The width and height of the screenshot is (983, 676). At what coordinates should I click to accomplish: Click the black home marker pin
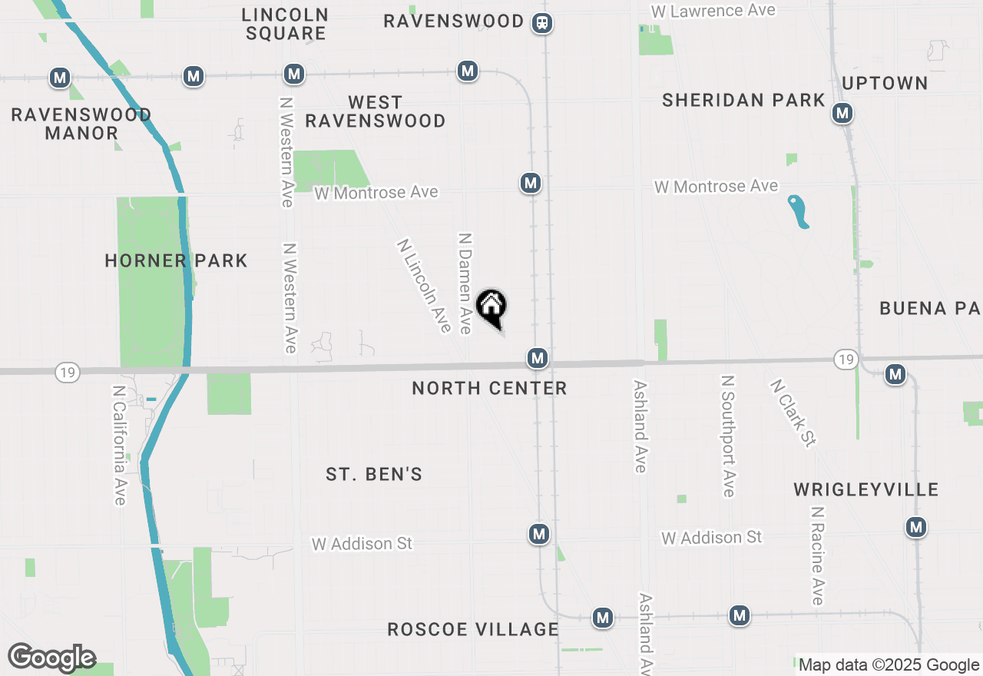click(x=491, y=307)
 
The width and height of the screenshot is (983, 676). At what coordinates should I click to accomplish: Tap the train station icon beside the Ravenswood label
click(x=543, y=23)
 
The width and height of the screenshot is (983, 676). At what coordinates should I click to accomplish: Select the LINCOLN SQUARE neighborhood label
click(x=285, y=24)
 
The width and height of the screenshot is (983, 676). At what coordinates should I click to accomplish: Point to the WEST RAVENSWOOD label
click(x=376, y=111)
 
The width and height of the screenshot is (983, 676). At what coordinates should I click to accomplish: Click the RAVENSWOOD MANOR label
click(x=81, y=124)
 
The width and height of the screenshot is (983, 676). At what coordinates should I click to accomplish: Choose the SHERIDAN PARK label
click(x=743, y=100)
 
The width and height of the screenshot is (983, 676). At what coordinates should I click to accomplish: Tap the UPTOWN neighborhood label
click(x=885, y=83)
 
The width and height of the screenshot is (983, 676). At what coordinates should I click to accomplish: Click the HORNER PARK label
click(x=176, y=261)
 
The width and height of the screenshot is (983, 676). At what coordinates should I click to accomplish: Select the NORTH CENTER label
click(x=489, y=388)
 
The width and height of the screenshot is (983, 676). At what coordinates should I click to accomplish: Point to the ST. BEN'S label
click(x=374, y=474)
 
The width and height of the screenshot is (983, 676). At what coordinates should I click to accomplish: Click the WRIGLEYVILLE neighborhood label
click(x=866, y=489)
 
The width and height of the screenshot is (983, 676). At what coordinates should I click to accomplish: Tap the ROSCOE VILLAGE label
click(x=473, y=629)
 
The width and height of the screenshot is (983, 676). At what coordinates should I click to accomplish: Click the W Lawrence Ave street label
click(x=713, y=11)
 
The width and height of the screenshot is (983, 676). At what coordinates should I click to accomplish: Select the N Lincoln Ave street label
click(x=424, y=286)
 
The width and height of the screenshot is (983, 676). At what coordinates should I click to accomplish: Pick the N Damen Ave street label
click(x=465, y=283)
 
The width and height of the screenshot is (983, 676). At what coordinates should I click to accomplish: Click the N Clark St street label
click(x=793, y=412)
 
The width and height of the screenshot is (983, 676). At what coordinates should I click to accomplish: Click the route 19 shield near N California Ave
click(x=68, y=373)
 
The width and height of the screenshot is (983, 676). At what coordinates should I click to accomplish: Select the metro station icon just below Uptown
click(x=842, y=114)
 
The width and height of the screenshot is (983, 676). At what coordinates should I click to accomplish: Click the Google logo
click(x=51, y=658)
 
